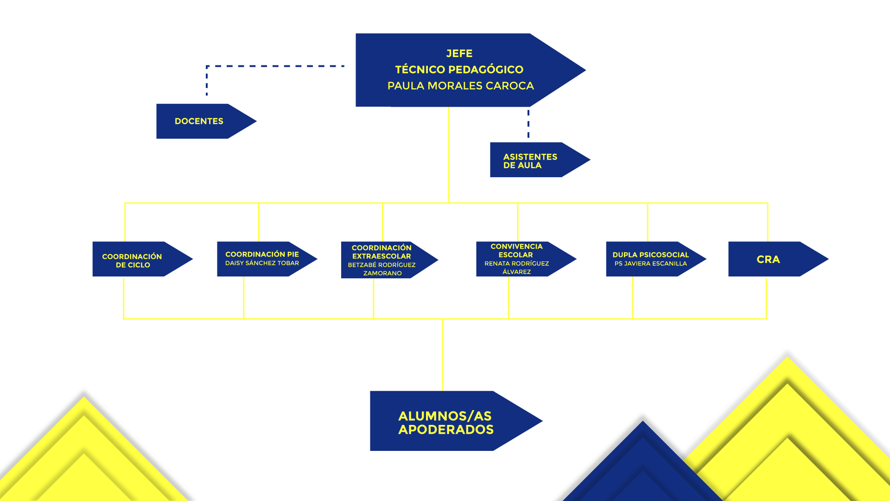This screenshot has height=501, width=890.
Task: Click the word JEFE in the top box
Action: [x=459, y=54]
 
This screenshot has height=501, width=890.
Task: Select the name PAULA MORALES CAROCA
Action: [x=461, y=86]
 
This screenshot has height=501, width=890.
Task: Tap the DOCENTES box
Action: [x=206, y=121]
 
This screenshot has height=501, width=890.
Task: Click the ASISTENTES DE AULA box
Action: [x=540, y=160]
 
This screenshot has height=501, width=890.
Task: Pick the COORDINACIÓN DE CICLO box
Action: [x=142, y=259]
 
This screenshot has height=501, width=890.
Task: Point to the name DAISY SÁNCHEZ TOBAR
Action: [x=262, y=263]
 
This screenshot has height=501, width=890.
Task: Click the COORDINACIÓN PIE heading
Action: [x=262, y=254]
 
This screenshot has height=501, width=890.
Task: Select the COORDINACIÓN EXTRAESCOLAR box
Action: [x=389, y=260]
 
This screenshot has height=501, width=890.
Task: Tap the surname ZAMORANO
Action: [x=382, y=273]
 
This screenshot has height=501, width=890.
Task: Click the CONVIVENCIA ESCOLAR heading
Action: [x=516, y=250]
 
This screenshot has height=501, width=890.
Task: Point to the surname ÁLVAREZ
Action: [x=517, y=272]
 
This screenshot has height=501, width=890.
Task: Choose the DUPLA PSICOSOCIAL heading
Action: [x=651, y=255]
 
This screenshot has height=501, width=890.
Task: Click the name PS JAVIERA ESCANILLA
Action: [x=651, y=263]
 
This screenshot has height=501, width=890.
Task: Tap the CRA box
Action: [x=778, y=259]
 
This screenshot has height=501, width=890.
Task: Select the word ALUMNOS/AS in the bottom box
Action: [x=445, y=416]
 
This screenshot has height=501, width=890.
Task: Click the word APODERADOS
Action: [x=446, y=430]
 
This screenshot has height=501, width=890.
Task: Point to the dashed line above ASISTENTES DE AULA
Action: [x=528, y=124]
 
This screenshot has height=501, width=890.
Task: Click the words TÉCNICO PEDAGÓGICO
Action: [x=459, y=70]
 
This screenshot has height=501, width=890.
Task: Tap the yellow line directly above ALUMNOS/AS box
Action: [x=443, y=355]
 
